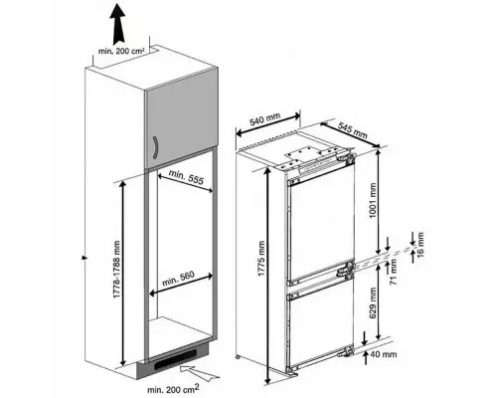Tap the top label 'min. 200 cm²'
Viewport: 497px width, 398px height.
[121, 52]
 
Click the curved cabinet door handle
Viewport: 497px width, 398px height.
[155, 147]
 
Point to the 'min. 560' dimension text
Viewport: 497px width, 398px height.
[178, 279]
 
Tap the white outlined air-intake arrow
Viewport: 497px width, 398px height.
[200, 372]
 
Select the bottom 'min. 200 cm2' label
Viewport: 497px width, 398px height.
[173, 388]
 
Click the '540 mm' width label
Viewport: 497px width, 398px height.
[265, 119]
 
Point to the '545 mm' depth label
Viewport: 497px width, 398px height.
[353, 130]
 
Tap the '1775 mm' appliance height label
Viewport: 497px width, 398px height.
[261, 259]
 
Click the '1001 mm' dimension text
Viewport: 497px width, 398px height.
[373, 200]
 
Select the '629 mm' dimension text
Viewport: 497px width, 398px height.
[373, 302]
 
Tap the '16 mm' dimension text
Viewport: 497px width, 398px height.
[419, 245]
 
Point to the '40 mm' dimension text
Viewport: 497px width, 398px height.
[384, 354]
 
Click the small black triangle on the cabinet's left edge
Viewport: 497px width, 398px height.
[84, 258]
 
